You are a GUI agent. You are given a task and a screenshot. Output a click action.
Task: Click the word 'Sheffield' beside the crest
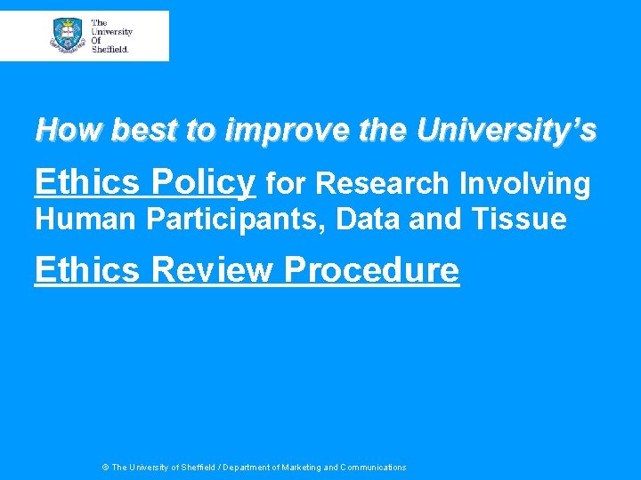click(x=110, y=49)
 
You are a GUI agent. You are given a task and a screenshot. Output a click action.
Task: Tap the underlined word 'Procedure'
click(x=372, y=268)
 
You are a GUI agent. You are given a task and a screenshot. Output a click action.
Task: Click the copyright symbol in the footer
click(x=105, y=468)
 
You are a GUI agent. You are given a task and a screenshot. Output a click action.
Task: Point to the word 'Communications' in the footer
click(x=372, y=468)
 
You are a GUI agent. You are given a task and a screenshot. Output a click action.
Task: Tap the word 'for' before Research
click(x=286, y=183)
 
